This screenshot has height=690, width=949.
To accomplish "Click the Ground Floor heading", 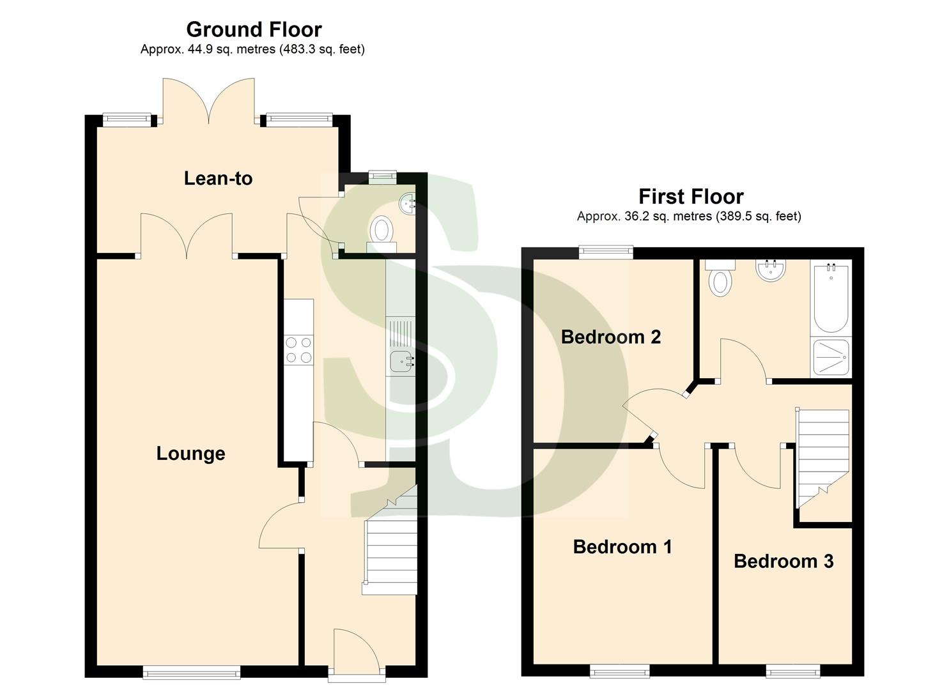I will (254, 29).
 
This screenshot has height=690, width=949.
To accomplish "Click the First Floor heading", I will (691, 196).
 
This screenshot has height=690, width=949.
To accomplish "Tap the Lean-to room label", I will (218, 178).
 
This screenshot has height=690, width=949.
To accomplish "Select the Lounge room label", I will (190, 454).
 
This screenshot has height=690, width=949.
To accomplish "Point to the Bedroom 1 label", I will (622, 547).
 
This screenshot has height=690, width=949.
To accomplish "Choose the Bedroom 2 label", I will (610, 337).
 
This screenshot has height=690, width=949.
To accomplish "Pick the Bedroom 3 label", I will (783, 561).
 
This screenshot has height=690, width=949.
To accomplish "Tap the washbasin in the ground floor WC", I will (408, 204).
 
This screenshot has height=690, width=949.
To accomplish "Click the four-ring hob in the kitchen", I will (298, 350).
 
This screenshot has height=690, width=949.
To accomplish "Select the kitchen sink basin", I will (401, 362).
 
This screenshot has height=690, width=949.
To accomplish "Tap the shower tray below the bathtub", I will (831, 357).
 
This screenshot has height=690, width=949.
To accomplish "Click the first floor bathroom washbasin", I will (770, 270).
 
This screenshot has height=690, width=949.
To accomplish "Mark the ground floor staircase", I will (390, 549).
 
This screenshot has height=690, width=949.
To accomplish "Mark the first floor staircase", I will (822, 454).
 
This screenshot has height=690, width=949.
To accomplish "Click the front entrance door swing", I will (355, 648).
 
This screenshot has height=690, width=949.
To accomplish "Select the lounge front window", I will (192, 671).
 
